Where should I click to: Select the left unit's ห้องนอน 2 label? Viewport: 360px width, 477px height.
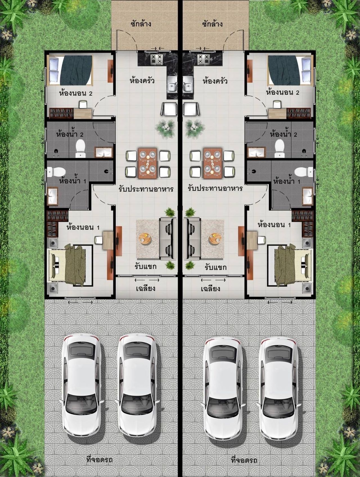tap(76, 93)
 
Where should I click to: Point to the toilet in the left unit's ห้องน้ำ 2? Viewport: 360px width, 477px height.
tap(80, 148)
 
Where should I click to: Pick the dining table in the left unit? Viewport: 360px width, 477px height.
tap(147, 163)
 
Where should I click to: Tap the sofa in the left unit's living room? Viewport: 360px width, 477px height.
tap(168, 238)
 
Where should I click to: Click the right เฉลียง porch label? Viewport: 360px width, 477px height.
tap(210, 289)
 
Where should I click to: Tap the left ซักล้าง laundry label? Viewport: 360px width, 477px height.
tap(141, 24)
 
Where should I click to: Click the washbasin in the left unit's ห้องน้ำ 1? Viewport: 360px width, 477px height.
tap(53, 196)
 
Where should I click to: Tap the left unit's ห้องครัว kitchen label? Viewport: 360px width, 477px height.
tap(142, 81)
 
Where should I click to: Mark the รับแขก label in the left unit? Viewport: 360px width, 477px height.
tap(145, 266)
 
